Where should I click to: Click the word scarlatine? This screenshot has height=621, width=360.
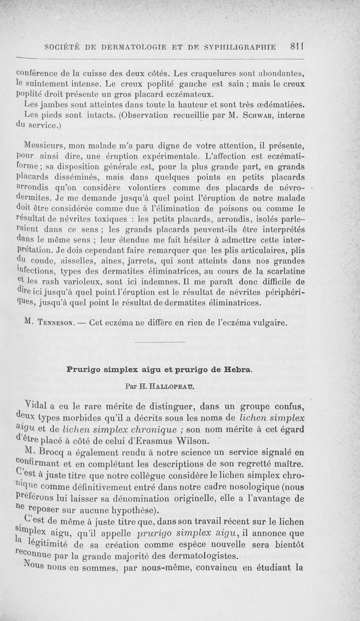click(282, 270)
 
